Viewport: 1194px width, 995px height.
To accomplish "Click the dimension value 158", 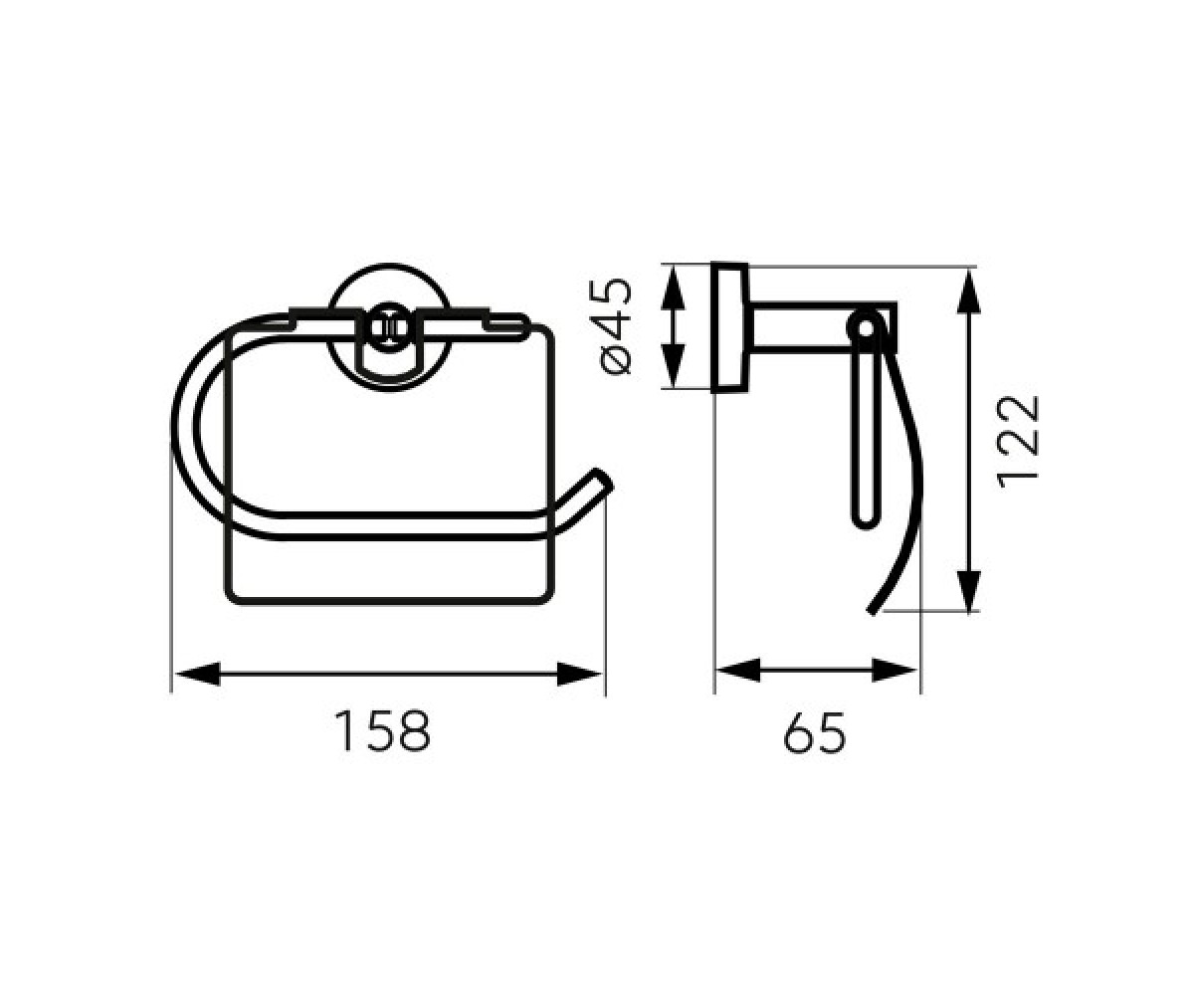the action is [x=382, y=731].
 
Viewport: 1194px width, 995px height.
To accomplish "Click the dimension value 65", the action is [x=814, y=732].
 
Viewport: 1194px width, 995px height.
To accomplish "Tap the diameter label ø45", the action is [x=617, y=326].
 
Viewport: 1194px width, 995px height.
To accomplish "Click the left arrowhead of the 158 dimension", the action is [x=198, y=675].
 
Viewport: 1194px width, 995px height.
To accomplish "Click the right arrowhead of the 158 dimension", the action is [x=579, y=675].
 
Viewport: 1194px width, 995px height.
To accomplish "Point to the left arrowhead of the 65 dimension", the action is [x=738, y=671].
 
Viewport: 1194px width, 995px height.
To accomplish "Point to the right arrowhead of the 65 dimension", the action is [x=895, y=671].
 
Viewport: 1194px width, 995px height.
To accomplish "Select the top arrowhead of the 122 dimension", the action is [x=969, y=292].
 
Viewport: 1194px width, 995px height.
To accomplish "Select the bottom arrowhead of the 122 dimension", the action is [x=969, y=591].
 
